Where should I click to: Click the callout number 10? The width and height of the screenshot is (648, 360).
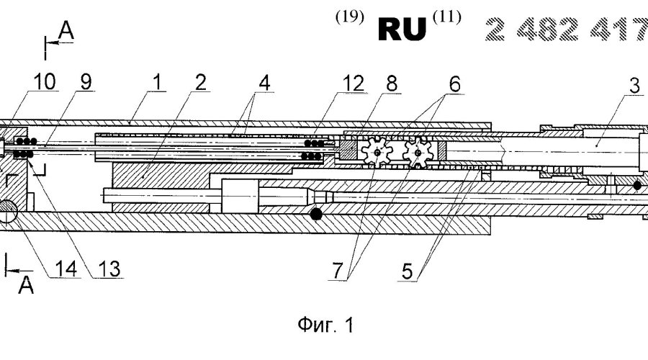22,85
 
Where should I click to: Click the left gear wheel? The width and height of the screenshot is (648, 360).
377,153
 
